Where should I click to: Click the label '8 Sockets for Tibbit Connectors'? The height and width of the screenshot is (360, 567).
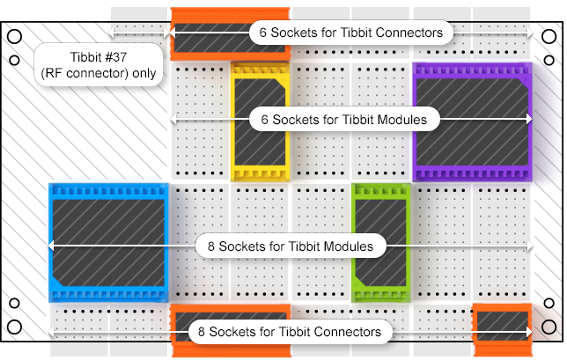pyautogui.click(x=291, y=332)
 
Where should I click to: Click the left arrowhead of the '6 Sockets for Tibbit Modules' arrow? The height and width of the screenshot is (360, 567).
pyautogui.click(x=174, y=118)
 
